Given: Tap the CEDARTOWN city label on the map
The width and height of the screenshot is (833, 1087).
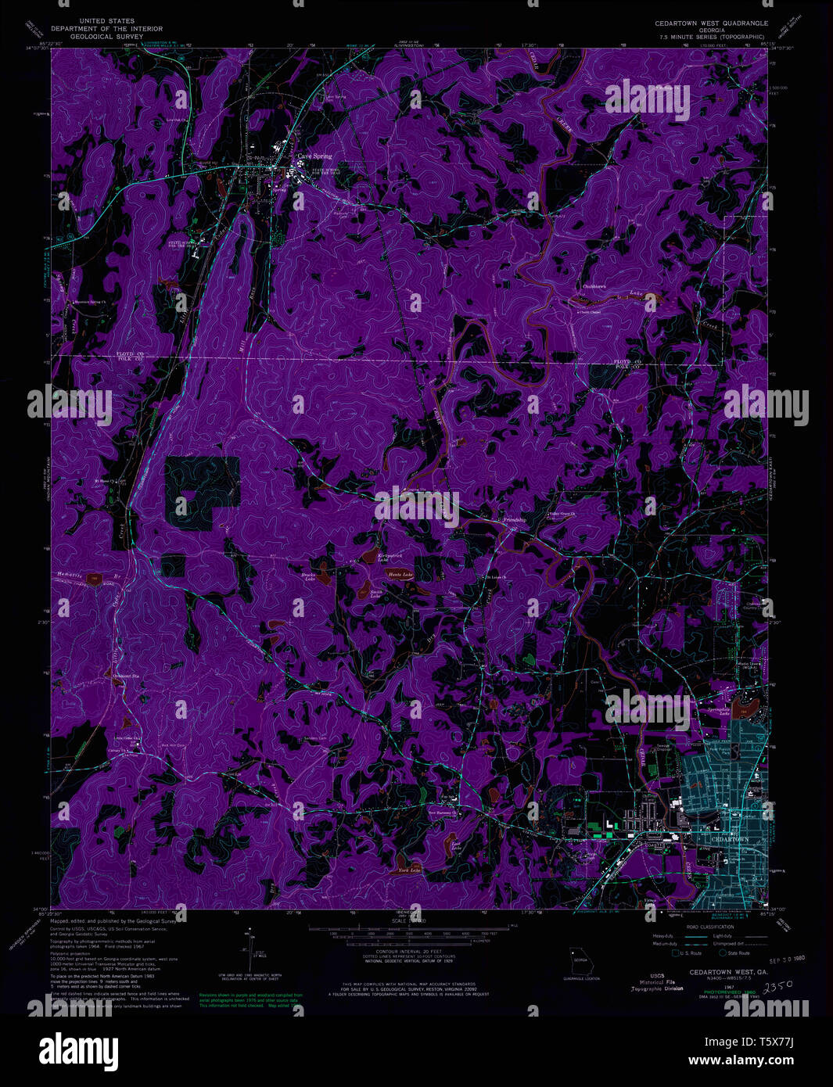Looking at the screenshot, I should [x=725, y=838].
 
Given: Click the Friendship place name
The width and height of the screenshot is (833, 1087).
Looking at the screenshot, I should [x=514, y=520].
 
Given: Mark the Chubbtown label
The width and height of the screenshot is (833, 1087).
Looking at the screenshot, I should [x=594, y=287].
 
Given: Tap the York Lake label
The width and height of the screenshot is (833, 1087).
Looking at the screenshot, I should [x=409, y=870].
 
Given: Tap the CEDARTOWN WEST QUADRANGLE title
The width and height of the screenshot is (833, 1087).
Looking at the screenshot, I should [x=711, y=23].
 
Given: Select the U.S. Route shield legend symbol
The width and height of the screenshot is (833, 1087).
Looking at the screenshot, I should [x=674, y=952].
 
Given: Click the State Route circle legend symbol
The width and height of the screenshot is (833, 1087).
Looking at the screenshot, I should [x=723, y=952].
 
